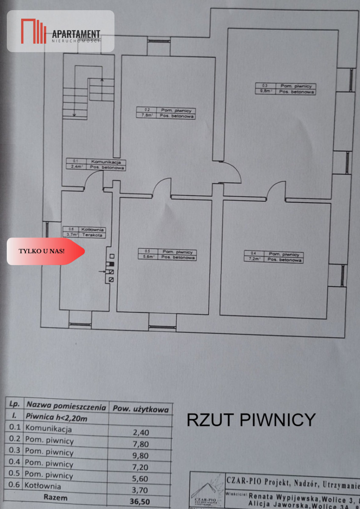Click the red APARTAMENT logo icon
click(33, 31)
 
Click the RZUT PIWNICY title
click(251, 420)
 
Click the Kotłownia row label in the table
click(42, 486)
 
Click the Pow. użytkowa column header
click(140, 408)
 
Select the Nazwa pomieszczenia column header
click(66, 407)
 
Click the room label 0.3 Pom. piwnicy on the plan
click(285, 89)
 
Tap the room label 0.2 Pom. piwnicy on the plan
click(166, 112)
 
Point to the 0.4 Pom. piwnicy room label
click(273, 256)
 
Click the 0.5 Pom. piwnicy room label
click(167, 254)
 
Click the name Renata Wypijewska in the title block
click(283, 495)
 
